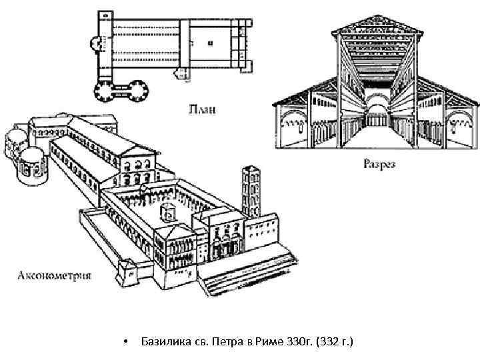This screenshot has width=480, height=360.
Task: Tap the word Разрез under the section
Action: coord(379,163)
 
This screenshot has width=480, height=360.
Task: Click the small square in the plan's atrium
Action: coord(211,43)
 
